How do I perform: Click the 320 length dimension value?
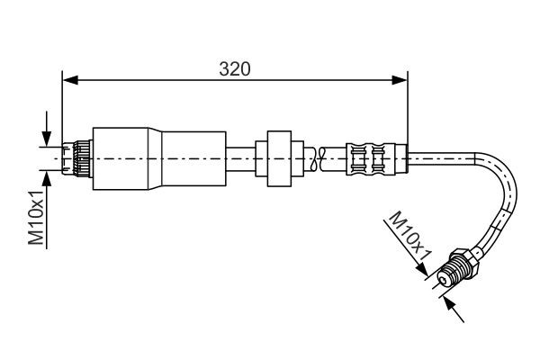[234, 68]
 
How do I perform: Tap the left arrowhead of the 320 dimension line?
[68, 80]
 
